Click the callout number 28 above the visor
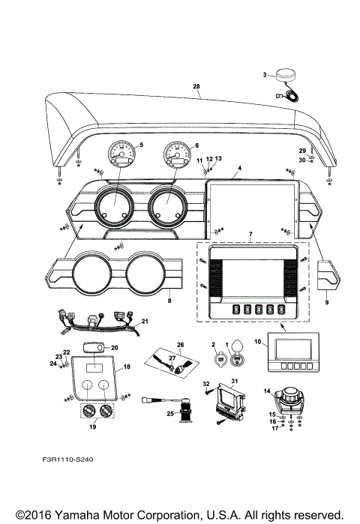pyautogui.click(x=196, y=87)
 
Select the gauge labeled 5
pyautogui.click(x=121, y=156)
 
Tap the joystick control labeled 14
pyautogui.click(x=286, y=400)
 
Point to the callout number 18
pyautogui.click(x=127, y=367)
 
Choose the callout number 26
pyautogui.click(x=179, y=345)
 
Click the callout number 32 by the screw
pyautogui.click(x=205, y=384)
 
